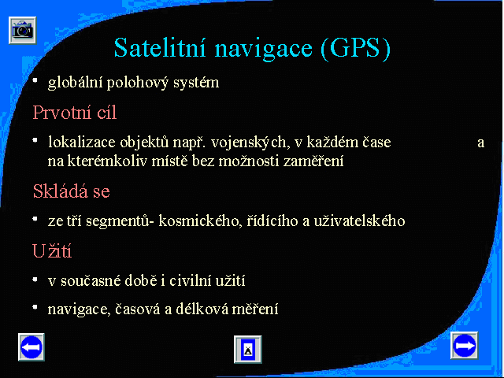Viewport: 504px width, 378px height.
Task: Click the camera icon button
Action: [23, 31]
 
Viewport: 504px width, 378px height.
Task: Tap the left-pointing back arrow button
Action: [31, 346]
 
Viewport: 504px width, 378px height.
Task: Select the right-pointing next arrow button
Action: [464, 346]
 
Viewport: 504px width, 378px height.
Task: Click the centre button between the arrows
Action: [248, 350]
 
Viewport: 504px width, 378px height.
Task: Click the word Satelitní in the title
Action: [159, 48]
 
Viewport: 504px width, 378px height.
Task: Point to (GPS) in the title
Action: [355, 49]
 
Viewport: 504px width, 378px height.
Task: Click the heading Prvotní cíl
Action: [74, 113]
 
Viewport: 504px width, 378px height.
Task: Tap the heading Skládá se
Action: [72, 191]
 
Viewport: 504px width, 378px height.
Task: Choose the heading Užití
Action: [52, 250]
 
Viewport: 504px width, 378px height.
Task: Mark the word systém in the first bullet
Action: [196, 83]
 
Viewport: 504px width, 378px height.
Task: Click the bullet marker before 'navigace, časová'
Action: [35, 308]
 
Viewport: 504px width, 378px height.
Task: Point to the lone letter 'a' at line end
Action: [481, 143]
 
